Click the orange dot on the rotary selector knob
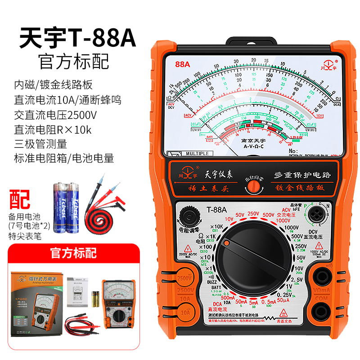[227, 243]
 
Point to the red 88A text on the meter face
[183, 64]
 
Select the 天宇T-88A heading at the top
[77, 39]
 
